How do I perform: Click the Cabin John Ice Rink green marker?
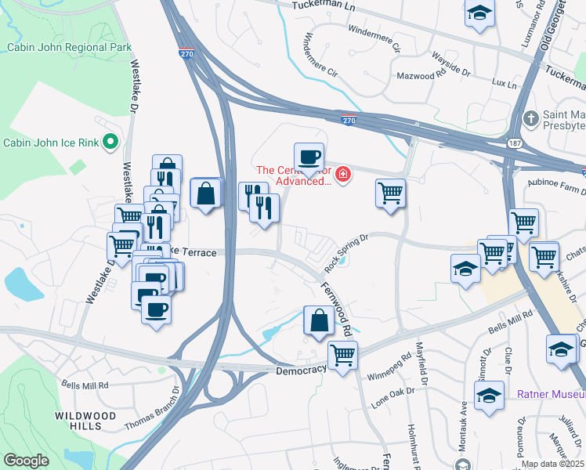click(x=110, y=142)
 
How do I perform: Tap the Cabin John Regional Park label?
click(x=69, y=47)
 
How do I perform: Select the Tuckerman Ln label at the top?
click(x=323, y=5)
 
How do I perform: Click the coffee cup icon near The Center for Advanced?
click(x=309, y=157)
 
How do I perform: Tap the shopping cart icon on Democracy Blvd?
click(x=342, y=356)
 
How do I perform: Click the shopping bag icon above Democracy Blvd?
click(x=318, y=321)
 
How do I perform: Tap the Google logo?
click(x=27, y=460)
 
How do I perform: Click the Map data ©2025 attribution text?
click(x=552, y=464)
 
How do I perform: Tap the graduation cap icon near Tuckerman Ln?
click(x=479, y=14)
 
